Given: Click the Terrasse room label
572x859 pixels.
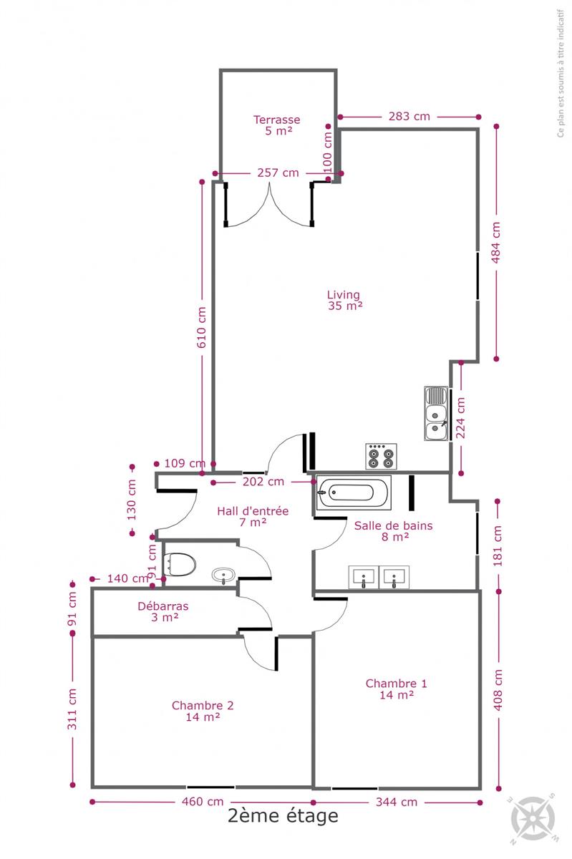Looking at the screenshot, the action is tap(276, 125).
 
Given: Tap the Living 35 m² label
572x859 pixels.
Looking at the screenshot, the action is tap(345, 300).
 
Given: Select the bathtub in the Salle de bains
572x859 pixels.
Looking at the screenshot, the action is tap(354, 492).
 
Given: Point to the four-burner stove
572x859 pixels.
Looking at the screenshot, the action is tap(381, 457).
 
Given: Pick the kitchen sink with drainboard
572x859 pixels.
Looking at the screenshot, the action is tap(436, 413).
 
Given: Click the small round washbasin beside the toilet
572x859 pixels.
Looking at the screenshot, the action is tap(223, 576).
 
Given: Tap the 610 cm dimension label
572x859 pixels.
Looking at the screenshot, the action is tap(201, 327).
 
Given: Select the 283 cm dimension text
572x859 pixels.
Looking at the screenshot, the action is tap(409, 116).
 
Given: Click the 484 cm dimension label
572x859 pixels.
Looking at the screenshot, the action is tap(496, 243).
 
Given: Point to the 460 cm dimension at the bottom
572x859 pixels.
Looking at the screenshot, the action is tap(203, 802).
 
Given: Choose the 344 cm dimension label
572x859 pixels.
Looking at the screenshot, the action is tap(397, 802).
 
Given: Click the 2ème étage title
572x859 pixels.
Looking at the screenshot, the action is tap(283, 815).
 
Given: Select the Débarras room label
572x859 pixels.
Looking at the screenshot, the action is tap(163, 611).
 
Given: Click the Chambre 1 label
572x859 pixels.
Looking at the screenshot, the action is tap(397, 689).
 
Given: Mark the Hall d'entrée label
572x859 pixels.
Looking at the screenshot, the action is tap(253, 517).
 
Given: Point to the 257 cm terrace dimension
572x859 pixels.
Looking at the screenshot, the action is tap(278, 173).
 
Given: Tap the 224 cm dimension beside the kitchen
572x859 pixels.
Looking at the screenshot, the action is tap(460, 418).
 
